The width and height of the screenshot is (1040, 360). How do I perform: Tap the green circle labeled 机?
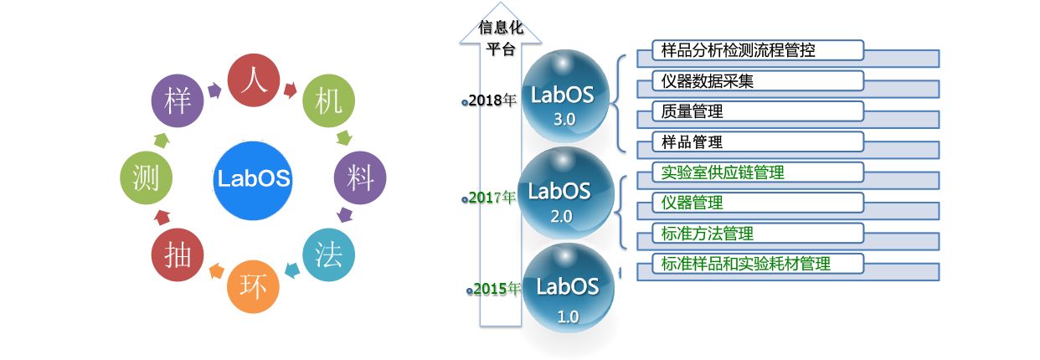[327, 102]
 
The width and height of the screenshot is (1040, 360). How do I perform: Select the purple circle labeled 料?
[360, 177]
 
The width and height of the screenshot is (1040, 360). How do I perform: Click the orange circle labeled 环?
[253, 286]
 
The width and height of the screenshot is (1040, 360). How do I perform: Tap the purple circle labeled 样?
[178, 102]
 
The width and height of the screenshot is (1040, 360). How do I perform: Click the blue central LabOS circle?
[253, 178]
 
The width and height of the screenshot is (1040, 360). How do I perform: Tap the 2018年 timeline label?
[492, 100]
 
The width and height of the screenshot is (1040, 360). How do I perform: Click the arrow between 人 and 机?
[291, 86]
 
